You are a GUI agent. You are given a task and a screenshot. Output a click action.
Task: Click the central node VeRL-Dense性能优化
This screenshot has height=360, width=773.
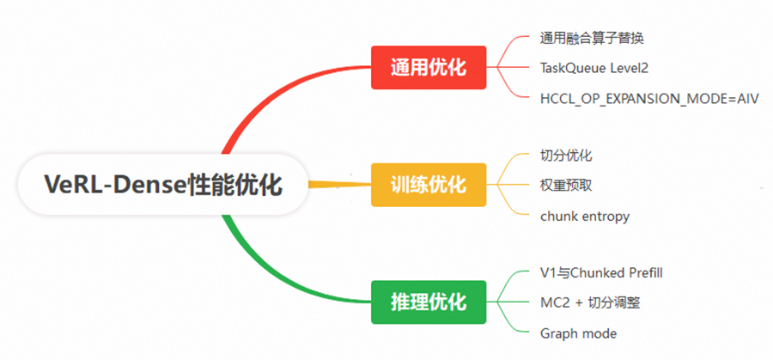[163, 185]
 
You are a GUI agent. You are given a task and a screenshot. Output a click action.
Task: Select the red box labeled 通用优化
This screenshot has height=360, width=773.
[428, 67]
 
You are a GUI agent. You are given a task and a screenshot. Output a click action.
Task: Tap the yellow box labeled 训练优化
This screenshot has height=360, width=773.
[428, 185]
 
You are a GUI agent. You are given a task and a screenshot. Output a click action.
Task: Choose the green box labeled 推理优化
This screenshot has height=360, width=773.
[428, 302]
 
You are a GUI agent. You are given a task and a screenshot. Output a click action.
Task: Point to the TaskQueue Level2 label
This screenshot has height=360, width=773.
[593, 68]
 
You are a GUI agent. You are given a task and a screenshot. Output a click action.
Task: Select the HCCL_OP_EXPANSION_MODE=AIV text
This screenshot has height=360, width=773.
[649, 98]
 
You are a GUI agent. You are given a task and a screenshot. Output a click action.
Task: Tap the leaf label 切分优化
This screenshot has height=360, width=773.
[566, 156]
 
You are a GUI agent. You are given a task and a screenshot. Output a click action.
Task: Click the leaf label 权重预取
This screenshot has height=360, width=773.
[566, 185]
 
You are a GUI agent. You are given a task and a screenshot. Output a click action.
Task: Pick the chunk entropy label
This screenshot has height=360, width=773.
[585, 216]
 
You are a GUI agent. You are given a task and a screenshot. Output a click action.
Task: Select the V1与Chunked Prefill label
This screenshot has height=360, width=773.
[601, 272]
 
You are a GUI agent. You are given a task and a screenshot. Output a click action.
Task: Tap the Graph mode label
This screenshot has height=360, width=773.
[578, 333]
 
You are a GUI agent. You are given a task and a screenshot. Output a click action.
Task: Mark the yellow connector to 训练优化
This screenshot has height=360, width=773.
[339, 184]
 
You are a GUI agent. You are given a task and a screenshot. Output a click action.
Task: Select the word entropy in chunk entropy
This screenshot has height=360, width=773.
[605, 217]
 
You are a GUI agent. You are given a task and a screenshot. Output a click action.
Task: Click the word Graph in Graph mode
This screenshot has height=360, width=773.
[558, 333]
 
